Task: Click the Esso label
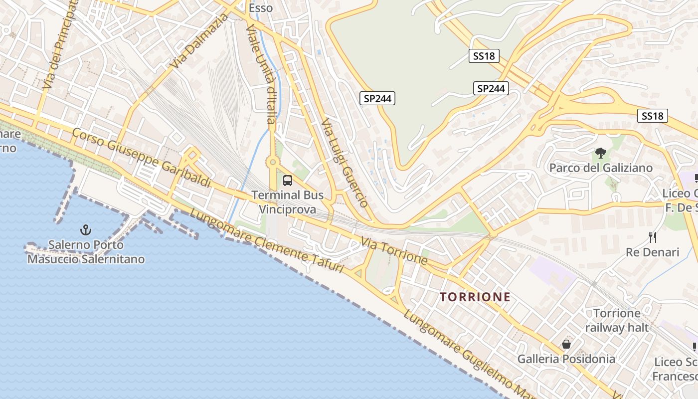click(x=261, y=8)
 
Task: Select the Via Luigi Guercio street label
click(x=345, y=163)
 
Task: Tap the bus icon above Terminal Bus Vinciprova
click(x=288, y=181)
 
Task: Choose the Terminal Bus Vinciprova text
click(x=288, y=202)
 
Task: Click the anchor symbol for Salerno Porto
click(x=86, y=230)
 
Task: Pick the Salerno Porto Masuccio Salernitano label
click(x=86, y=252)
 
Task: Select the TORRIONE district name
click(x=475, y=297)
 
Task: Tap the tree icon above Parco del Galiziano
click(x=601, y=153)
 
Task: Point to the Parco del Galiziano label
click(x=601, y=168)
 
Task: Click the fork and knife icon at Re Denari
click(x=653, y=237)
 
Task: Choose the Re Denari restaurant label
click(x=653, y=252)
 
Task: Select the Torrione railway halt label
click(x=617, y=320)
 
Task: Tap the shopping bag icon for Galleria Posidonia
click(x=566, y=344)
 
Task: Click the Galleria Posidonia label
click(x=566, y=359)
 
